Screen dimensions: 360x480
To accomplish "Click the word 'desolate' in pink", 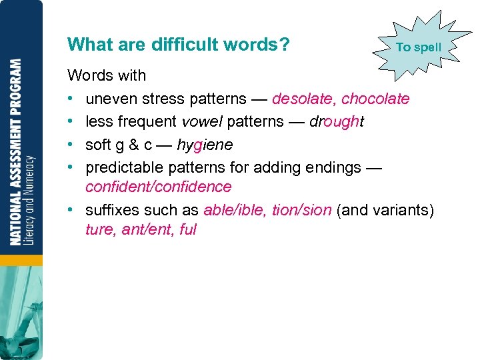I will pos(304,99).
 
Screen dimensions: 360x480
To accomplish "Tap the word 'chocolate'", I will pos(375,99).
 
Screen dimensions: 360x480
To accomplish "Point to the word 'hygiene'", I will pos(205,144).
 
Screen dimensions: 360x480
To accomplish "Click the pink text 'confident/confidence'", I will pos(159,187).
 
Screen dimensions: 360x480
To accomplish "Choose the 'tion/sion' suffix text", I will pos(301,210).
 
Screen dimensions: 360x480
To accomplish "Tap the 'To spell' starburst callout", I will pos(418,47).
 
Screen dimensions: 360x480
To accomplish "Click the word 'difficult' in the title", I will pos(185,45).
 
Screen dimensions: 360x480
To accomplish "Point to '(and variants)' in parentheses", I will pos(385,210).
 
